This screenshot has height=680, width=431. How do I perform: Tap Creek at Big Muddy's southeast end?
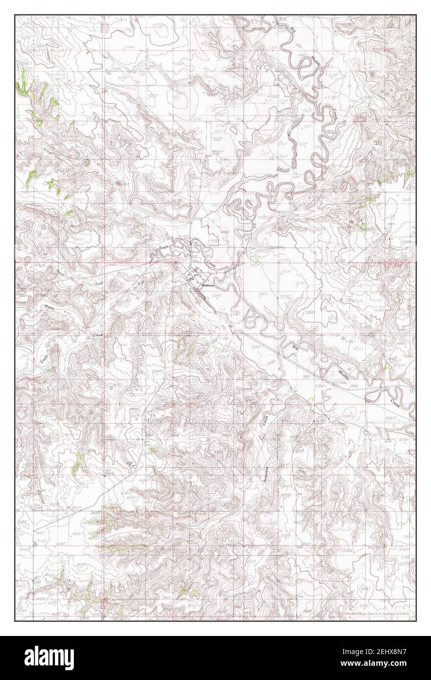(395, 404)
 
